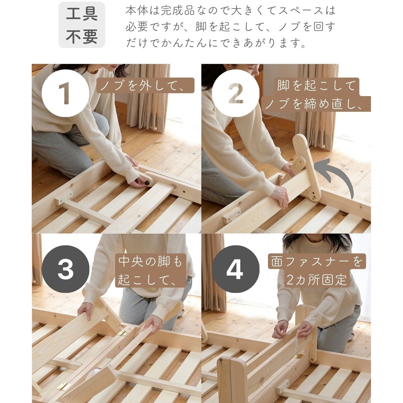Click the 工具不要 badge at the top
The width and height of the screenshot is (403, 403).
82,25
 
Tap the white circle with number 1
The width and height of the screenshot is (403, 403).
65,93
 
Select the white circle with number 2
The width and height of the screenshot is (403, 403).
236,93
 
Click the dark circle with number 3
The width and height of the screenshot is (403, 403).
65,269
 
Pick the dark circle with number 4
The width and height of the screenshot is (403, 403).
236,269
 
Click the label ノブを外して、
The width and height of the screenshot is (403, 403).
145,85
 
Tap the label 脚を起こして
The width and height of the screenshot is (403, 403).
316,86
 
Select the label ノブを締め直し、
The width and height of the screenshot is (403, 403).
316,104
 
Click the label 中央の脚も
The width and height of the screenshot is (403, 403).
150,261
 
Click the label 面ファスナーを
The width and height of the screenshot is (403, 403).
317,261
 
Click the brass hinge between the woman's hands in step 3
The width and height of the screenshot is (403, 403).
123,333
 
